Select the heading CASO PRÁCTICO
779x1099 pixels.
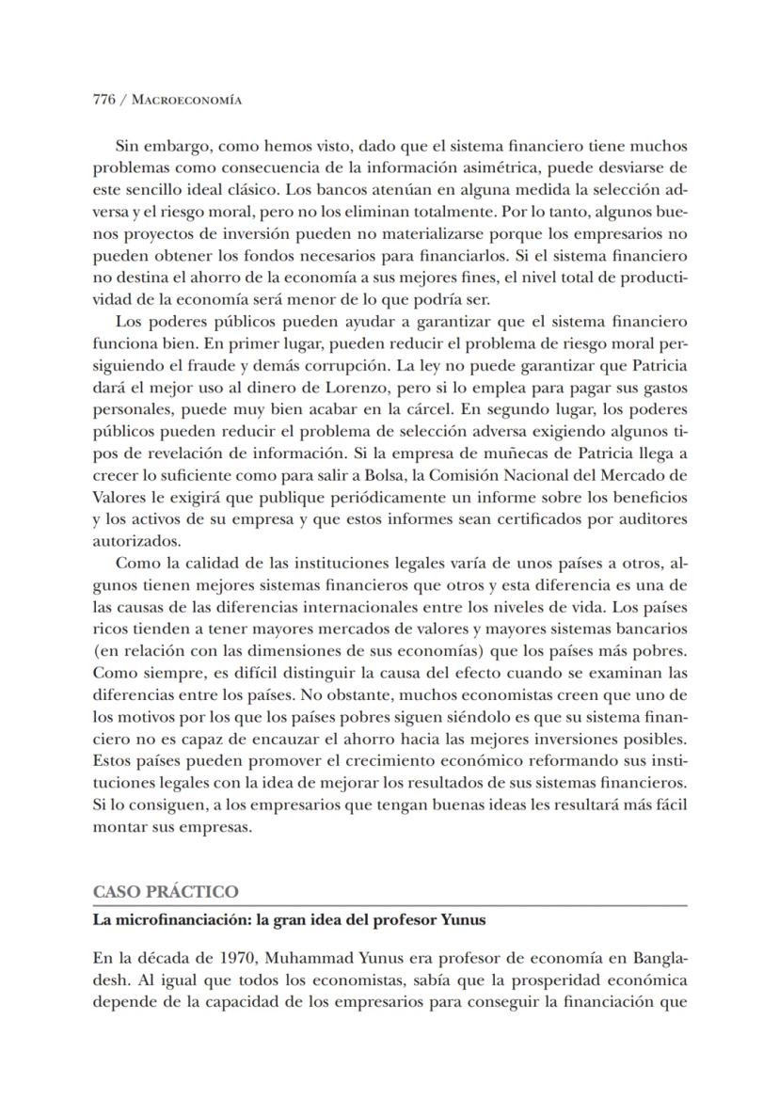[165, 892]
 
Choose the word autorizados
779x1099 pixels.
[135, 541]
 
